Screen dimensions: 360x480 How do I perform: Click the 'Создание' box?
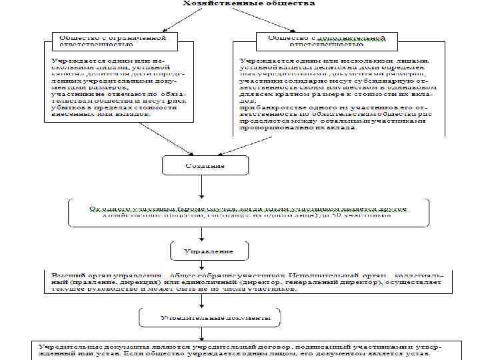206,165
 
